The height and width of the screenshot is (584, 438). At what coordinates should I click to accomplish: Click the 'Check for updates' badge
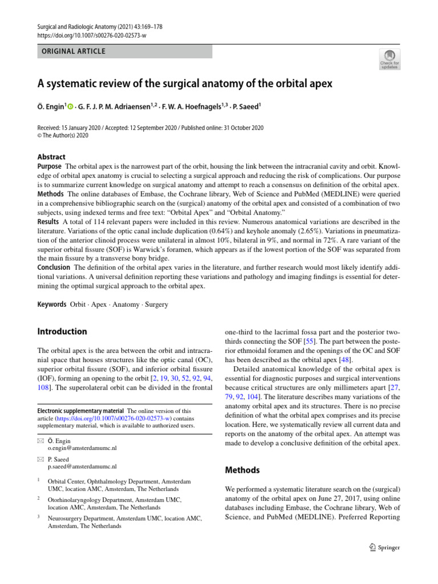click(390, 58)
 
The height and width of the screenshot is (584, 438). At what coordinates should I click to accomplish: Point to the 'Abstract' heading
click(51, 157)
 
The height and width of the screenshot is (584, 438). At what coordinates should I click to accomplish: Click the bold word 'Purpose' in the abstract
click(50, 165)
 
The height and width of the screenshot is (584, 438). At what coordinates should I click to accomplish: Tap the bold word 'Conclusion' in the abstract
click(54, 267)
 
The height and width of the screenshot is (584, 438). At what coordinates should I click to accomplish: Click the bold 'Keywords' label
click(52, 305)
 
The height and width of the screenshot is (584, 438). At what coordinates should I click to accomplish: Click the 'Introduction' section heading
click(62, 331)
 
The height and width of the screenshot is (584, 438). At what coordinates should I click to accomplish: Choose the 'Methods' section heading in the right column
click(242, 471)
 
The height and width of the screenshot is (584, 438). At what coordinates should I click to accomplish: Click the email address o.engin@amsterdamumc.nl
click(82, 448)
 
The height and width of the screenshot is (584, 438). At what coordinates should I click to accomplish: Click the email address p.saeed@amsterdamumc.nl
click(83, 465)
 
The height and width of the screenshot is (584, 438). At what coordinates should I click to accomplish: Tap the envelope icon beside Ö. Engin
click(40, 440)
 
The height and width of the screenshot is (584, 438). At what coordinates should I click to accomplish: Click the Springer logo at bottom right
click(384, 547)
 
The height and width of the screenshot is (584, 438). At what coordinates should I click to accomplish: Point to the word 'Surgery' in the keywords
click(156, 305)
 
